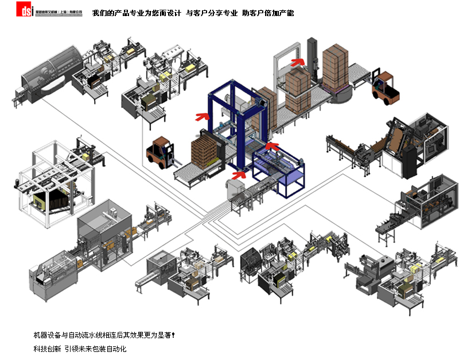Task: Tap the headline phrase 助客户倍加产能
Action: [x=267, y=13]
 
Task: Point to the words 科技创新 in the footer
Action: [x=46, y=349]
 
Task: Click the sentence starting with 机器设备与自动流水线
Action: [x=103, y=335]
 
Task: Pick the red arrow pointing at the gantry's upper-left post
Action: [x=201, y=117]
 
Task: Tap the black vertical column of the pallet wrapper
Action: [x=313, y=57]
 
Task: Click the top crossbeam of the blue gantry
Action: [x=235, y=92]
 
